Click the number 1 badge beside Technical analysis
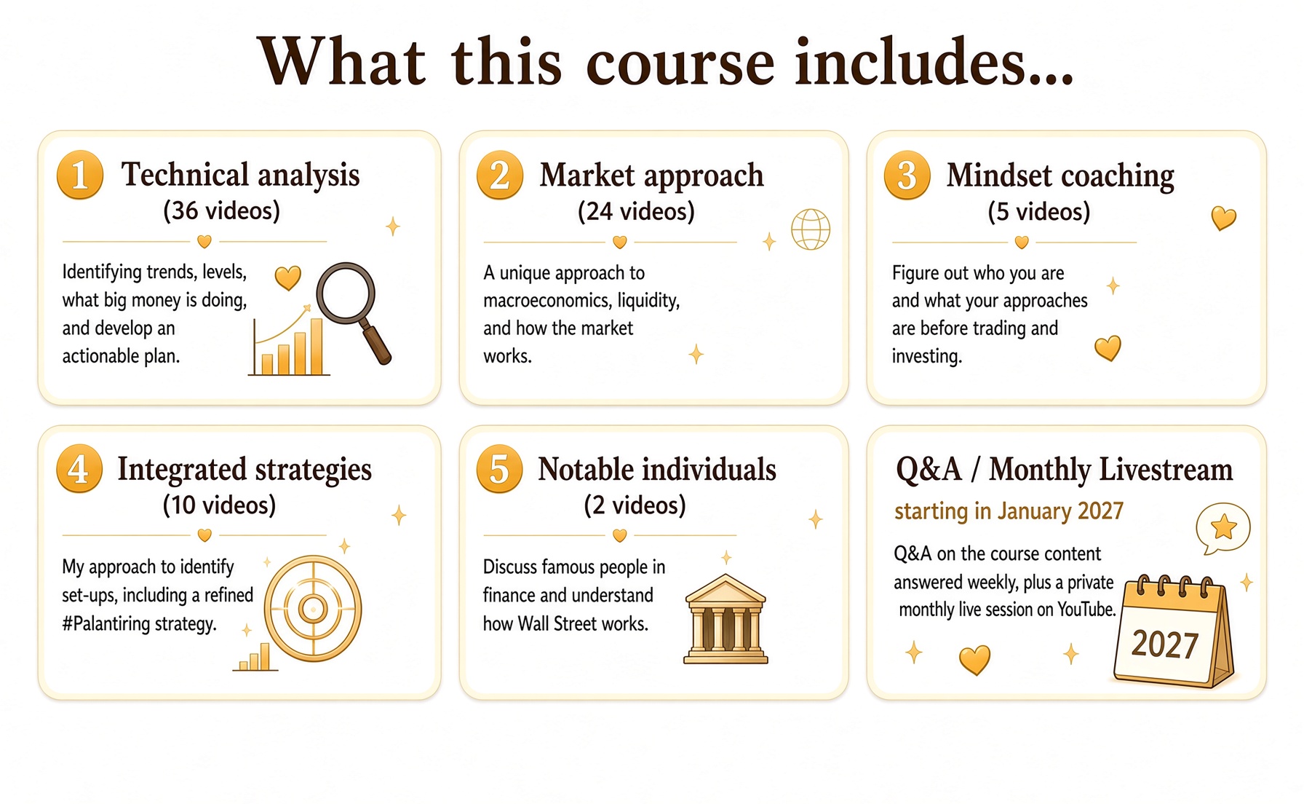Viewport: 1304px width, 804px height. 80,175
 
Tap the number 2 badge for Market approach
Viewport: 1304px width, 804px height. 500,175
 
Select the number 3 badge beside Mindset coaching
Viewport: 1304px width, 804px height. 907,175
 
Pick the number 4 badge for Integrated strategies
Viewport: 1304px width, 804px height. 79,468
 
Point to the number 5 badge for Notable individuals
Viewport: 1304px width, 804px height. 499,468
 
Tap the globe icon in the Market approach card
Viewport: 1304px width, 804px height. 811,229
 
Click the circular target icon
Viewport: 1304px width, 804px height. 313,608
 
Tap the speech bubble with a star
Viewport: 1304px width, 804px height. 1222,528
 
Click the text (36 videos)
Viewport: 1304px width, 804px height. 221,211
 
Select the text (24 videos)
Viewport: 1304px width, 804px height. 636,212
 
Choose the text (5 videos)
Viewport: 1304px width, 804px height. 1038,212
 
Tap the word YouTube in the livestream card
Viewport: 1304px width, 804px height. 1086,609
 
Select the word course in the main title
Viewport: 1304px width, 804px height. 680,62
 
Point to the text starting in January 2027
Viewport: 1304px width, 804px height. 1009,511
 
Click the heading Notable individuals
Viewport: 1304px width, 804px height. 657,470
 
